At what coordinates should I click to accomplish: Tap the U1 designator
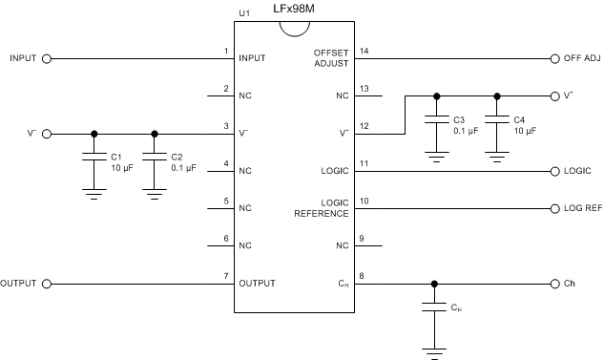click(243, 14)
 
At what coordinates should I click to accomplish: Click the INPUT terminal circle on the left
click(46, 57)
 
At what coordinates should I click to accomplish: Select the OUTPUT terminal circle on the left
click(46, 284)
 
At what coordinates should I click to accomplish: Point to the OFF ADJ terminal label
click(582, 57)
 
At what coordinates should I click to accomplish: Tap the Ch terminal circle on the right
click(554, 284)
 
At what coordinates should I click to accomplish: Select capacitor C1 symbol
click(93, 160)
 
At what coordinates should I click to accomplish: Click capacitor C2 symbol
click(154, 160)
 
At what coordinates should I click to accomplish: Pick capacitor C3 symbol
click(436, 123)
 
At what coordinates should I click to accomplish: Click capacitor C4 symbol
click(496, 123)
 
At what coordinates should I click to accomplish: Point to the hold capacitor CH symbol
click(435, 310)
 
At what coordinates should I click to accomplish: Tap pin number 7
click(226, 276)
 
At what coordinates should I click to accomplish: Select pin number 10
click(363, 201)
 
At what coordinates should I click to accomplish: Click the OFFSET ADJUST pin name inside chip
click(332, 57)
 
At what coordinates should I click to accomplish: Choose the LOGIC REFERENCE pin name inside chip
click(323, 208)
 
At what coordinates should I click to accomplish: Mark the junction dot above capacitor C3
click(436, 95)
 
